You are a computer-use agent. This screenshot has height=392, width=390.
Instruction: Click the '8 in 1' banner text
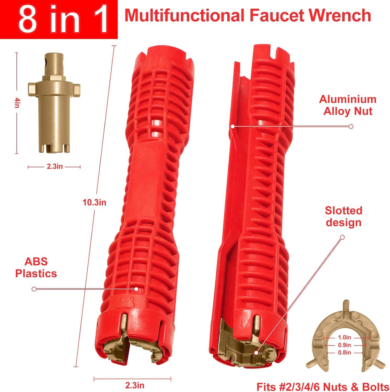[63, 20]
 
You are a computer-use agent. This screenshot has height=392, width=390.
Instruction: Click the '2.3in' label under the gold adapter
[55, 166]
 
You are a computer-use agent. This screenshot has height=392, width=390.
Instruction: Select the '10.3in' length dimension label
[94, 202]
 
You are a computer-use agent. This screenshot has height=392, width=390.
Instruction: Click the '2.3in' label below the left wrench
[134, 385]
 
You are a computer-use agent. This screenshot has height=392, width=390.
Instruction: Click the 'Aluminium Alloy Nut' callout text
[348, 105]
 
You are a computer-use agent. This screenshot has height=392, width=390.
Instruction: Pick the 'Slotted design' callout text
[343, 216]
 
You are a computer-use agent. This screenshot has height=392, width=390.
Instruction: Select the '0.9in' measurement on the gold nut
[344, 345]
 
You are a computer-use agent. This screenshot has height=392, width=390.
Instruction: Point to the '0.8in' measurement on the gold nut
[344, 353]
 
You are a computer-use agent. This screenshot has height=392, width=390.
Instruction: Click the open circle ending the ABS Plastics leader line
[34, 289]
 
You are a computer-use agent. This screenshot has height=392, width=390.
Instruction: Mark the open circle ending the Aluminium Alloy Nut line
[351, 126]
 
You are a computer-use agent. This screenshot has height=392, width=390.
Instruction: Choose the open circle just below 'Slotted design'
[342, 237]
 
